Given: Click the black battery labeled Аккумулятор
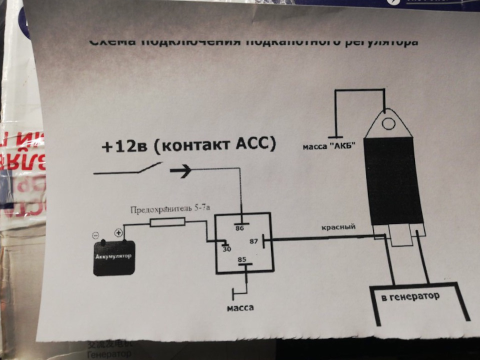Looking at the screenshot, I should pyautogui.click(x=114, y=257).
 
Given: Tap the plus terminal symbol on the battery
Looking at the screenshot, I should pyautogui.click(x=118, y=233).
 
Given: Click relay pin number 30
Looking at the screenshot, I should pyautogui.click(x=226, y=248).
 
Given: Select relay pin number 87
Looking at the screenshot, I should pyautogui.click(x=254, y=241).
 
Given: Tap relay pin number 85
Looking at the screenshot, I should pyautogui.click(x=242, y=259).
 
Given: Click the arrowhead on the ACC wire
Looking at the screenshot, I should pyautogui.click(x=181, y=171).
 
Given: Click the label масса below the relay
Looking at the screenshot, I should pyautogui.click(x=240, y=307).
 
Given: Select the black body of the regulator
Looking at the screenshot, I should pyautogui.click(x=393, y=179).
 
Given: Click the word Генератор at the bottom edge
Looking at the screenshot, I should pyautogui.click(x=109, y=354).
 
